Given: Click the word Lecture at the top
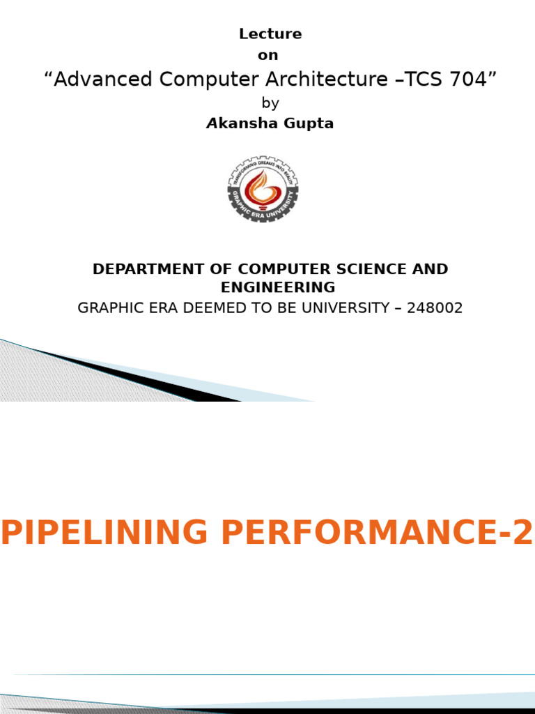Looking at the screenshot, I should point(270,34).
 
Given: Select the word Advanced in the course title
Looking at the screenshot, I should point(104,80).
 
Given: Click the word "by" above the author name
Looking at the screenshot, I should point(270,103).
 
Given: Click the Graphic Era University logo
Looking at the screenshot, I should point(263,189).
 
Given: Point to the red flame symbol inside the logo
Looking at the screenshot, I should point(263,185).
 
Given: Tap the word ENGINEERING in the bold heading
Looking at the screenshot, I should point(278,287).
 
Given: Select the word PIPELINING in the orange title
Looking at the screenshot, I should point(105,533).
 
